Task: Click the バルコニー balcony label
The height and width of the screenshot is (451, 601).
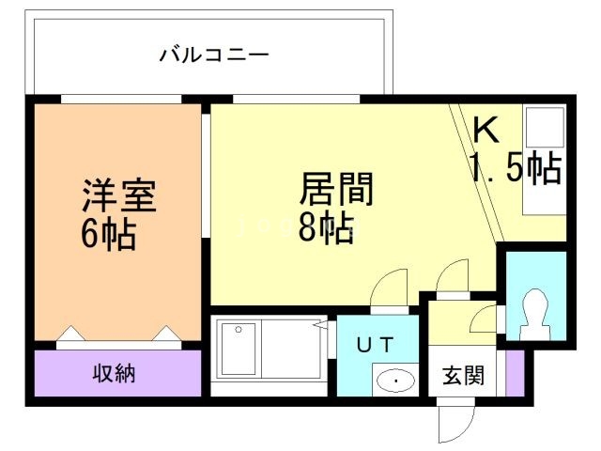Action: tap(213, 54)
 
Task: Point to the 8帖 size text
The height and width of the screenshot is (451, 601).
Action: tap(326, 227)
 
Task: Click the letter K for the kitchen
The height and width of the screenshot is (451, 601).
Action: tap(485, 130)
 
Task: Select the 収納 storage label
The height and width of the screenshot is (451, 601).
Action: tap(114, 373)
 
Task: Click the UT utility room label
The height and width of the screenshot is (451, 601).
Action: tap(374, 344)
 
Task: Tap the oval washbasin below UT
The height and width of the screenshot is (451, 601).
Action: tap(396, 381)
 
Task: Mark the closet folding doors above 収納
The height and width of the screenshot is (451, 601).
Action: tap(118, 336)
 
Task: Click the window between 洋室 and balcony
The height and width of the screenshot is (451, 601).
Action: tap(120, 99)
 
